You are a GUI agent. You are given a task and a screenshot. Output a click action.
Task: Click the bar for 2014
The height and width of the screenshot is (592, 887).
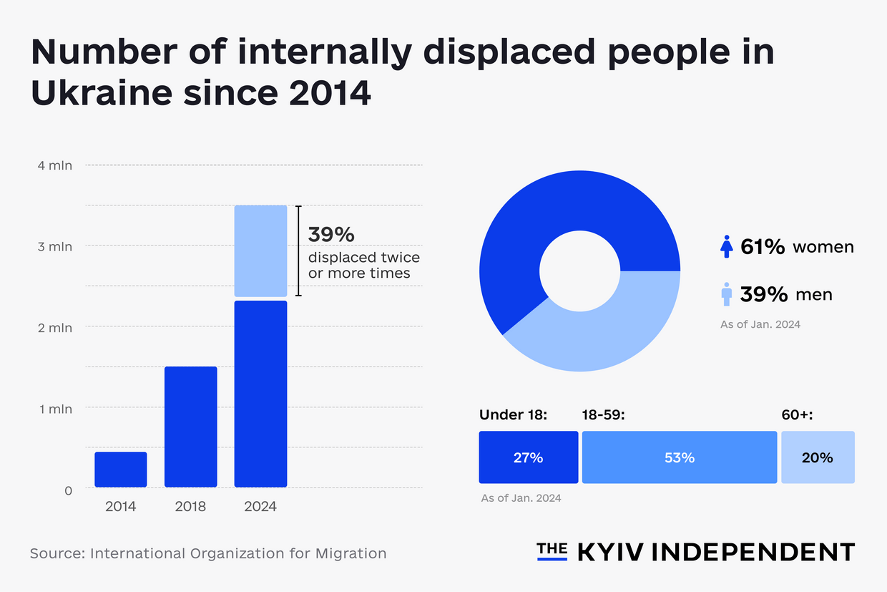tap(120, 470)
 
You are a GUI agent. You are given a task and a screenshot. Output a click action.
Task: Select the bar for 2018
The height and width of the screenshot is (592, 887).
tap(190, 427)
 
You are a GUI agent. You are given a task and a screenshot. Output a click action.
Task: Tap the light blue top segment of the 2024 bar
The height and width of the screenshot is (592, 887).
tap(260, 251)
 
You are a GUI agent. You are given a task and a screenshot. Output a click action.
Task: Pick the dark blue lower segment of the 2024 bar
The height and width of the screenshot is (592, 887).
tap(260, 394)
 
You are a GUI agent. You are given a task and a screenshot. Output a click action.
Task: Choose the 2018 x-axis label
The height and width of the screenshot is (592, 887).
tap(190, 507)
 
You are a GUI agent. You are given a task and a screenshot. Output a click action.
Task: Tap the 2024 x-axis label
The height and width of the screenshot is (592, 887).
tap(260, 507)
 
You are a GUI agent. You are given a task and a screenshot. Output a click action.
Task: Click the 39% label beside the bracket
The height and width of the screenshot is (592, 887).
tap(331, 234)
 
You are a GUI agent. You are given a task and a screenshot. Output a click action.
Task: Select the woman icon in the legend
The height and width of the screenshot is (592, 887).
tap(726, 247)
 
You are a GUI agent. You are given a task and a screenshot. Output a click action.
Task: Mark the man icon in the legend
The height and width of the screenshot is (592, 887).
tap(726, 293)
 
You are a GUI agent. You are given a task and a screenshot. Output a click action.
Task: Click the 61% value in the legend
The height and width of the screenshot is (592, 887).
tap(763, 247)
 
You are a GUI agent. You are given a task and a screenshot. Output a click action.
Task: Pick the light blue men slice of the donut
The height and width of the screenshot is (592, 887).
tap(615, 329)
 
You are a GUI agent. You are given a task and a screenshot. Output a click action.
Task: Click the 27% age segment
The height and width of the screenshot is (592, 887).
tap(528, 457)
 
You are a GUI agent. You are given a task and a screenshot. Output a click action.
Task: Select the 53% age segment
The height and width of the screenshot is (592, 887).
tap(679, 457)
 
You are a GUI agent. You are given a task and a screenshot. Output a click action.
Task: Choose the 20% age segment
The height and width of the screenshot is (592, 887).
tap(817, 457)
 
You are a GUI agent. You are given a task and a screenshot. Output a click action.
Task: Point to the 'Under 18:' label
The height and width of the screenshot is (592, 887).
tap(513, 414)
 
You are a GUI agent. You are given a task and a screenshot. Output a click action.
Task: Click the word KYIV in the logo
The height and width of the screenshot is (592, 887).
tap(609, 552)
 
